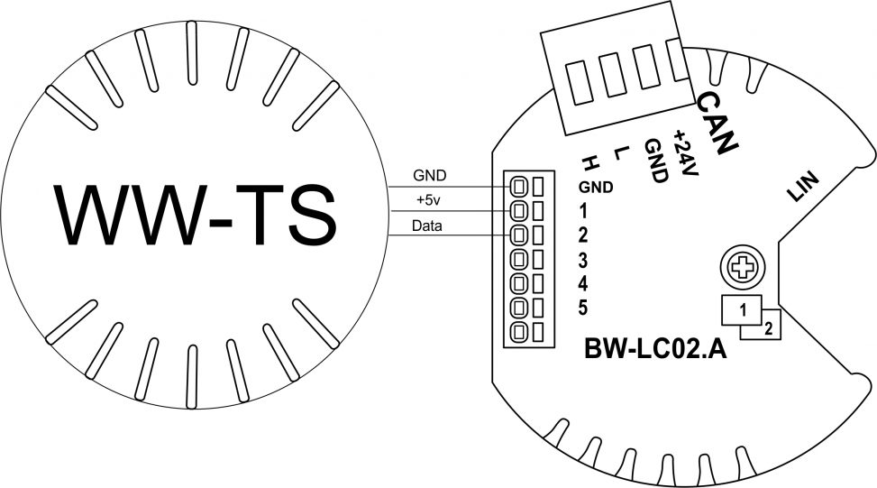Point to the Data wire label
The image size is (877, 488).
pos(426,226)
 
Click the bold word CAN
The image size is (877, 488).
pos(718,121)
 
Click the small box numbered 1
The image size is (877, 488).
pos(742,309)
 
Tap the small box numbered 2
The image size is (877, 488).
pos(768,329)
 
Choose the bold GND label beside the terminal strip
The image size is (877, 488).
pos(596,189)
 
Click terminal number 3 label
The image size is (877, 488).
pos(583,262)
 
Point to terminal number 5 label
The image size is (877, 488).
pos(583,308)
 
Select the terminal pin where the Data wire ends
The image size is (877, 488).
pos(519,236)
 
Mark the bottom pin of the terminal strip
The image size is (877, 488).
pos(519,332)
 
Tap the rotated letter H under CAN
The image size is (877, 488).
pos(590,163)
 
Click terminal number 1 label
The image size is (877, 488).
pos(583,213)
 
